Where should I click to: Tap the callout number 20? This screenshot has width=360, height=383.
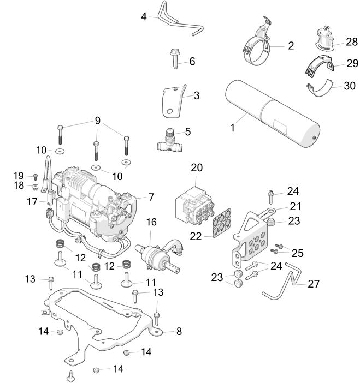(196, 167)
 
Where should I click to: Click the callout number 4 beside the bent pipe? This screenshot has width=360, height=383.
(144, 16)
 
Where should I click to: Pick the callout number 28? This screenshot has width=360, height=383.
(351, 41)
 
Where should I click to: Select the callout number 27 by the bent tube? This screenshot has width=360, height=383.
(314, 284)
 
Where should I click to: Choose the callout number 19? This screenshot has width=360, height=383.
(19, 176)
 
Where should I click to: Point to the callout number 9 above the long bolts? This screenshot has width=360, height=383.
(98, 120)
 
